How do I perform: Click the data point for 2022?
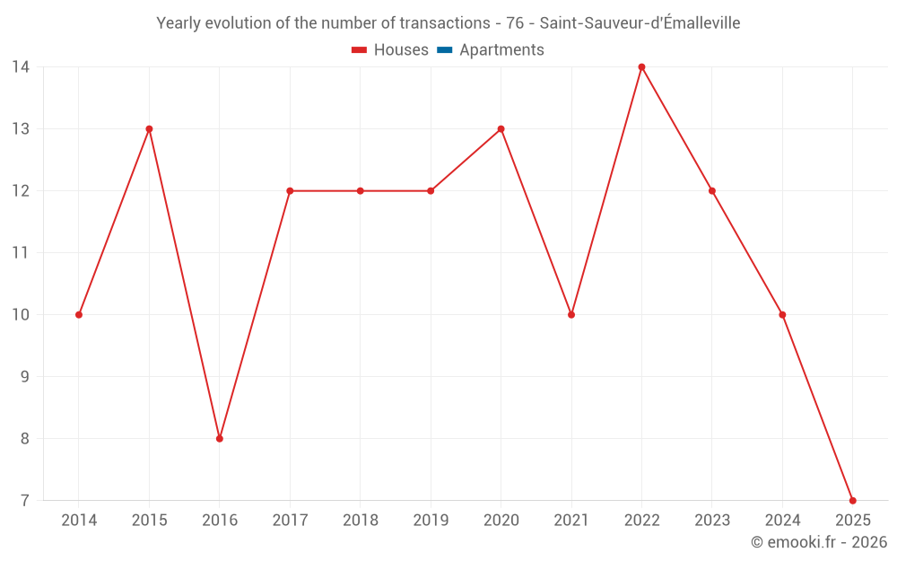click(x=641, y=67)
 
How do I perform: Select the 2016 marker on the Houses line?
click(x=220, y=439)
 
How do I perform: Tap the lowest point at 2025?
click(x=852, y=500)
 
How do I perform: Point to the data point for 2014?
click(x=79, y=315)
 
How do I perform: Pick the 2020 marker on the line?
click(x=501, y=129)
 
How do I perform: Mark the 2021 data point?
click(x=571, y=315)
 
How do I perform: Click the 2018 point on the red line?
click(x=360, y=191)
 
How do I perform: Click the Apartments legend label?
click(x=501, y=50)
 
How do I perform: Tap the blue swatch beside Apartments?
click(x=444, y=50)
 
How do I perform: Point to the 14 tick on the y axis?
click(x=21, y=67)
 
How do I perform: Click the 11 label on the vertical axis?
click(x=21, y=253)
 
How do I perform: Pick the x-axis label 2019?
click(x=431, y=521)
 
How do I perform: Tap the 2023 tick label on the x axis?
click(x=712, y=521)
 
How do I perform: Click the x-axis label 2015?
click(x=149, y=521)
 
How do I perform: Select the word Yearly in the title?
click(x=179, y=23)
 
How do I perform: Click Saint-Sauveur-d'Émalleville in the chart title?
click(x=640, y=23)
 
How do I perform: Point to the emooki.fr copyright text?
click(x=818, y=542)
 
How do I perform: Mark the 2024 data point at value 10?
click(x=782, y=315)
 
